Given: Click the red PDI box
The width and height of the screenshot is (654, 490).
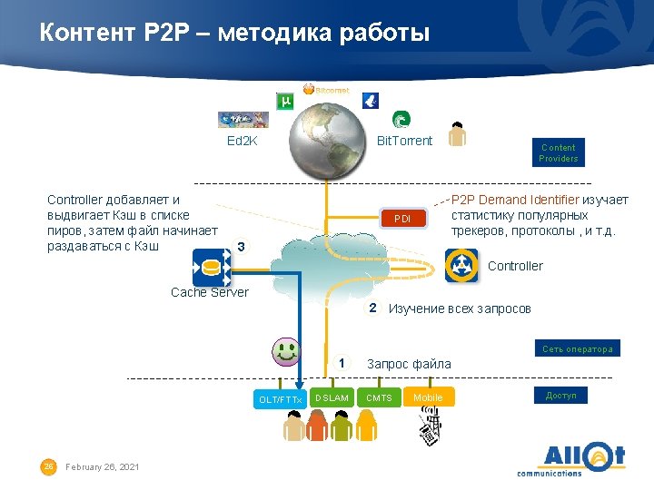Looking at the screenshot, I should (x=402, y=219).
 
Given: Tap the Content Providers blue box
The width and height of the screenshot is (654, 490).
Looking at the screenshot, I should (x=558, y=152).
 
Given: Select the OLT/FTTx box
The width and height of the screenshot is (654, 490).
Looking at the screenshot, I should (x=280, y=398).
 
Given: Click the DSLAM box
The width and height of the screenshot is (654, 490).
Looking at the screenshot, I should (x=332, y=397).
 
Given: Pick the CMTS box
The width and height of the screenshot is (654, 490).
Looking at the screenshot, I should (x=380, y=397).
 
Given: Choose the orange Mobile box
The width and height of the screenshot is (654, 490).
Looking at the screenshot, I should (x=428, y=397).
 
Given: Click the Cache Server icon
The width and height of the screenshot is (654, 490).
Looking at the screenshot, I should (x=211, y=268).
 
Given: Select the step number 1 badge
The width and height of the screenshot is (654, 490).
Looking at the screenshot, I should (x=342, y=363).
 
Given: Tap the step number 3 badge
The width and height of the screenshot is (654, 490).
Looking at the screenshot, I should (x=240, y=246).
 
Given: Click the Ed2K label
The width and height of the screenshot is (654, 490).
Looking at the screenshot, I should (x=242, y=142).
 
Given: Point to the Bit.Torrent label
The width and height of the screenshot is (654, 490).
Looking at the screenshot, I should (x=404, y=141).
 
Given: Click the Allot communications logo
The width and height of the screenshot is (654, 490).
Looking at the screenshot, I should (x=570, y=458).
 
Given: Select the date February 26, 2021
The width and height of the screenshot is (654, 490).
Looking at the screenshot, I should (x=103, y=466).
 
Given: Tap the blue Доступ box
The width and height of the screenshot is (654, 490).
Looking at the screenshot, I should (x=560, y=395).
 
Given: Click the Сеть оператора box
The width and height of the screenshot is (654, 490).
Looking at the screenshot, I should (x=577, y=348).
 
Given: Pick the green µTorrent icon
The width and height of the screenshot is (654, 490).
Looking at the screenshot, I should (x=284, y=101).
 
